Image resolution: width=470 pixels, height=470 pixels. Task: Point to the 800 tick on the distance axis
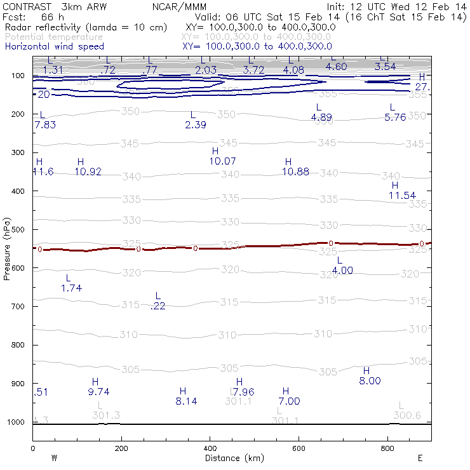point(387,448)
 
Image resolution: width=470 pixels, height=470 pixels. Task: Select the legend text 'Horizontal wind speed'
point(54,46)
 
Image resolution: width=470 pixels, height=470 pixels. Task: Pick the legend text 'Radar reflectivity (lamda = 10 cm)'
point(86,27)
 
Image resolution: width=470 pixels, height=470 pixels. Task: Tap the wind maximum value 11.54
point(402,196)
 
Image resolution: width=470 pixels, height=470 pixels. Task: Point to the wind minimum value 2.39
point(196,125)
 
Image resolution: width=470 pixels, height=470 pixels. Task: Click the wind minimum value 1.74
point(72,288)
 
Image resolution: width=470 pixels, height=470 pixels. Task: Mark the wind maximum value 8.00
point(370,381)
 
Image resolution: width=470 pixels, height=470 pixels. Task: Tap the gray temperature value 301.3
point(106,415)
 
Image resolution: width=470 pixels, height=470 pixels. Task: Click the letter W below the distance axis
point(55,458)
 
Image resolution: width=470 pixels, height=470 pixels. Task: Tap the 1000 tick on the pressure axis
point(18,422)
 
